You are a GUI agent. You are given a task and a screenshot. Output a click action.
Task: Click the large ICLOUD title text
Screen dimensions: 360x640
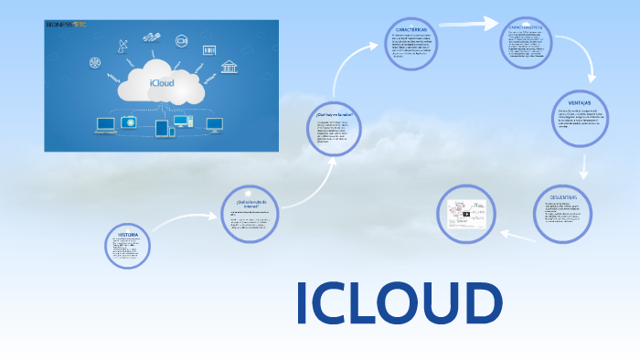point(400,303)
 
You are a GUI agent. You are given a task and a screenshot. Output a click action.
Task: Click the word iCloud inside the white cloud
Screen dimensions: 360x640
point(161,83)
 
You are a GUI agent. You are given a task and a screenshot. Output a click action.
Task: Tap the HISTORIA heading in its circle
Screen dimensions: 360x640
point(128,235)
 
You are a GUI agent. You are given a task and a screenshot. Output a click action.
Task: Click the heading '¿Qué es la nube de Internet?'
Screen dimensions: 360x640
point(249,203)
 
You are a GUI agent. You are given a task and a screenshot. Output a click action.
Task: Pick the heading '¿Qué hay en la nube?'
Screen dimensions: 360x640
point(335,114)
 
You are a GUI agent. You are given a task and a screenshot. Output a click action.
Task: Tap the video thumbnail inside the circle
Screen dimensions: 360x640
point(465,216)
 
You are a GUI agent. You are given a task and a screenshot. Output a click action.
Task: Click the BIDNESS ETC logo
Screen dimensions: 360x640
point(65,26)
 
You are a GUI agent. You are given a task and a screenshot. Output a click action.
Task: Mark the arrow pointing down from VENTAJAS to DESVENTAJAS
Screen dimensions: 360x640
point(582,164)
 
